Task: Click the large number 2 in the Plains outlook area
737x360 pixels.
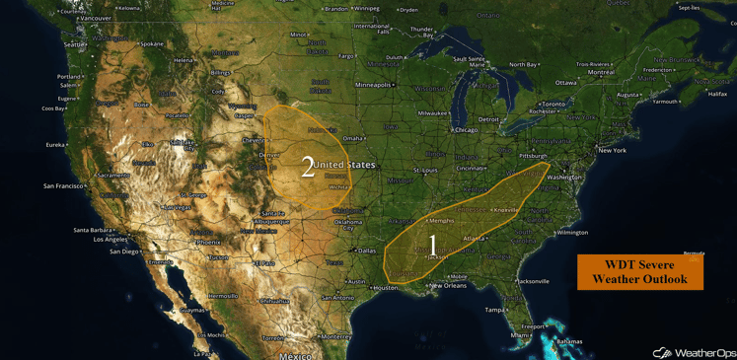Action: point(308,167)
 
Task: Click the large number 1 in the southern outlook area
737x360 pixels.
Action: point(432,244)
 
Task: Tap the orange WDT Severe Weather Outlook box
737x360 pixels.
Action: point(639,272)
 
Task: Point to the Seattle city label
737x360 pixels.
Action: point(74,44)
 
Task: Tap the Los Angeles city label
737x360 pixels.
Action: point(109,240)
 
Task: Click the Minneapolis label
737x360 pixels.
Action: point(374,85)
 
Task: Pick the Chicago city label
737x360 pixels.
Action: point(465,130)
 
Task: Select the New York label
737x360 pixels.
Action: point(612,150)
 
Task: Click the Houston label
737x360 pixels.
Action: point(385,288)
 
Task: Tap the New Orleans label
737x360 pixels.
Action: point(448,286)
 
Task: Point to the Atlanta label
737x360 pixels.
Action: point(474,238)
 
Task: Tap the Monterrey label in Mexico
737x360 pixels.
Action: point(335,336)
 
